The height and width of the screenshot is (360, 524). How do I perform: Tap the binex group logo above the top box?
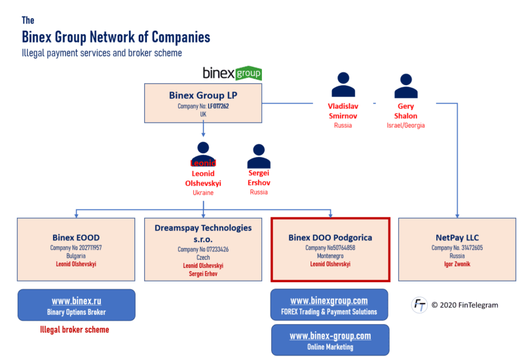click(x=232, y=73)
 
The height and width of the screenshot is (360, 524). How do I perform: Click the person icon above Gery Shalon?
click(x=406, y=85)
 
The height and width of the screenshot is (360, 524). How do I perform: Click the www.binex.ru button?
click(x=76, y=305)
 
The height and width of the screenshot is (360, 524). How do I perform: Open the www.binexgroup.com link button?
click(x=329, y=305)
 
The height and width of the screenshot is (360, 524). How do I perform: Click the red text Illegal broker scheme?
click(x=75, y=330)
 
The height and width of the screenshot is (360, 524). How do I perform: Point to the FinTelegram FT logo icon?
click(x=419, y=304)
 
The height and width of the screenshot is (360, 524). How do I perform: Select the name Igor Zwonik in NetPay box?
click(x=457, y=264)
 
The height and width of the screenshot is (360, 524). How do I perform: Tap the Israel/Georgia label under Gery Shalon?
click(x=405, y=125)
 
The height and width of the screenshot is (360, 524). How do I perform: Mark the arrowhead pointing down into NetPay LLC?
click(x=457, y=215)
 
